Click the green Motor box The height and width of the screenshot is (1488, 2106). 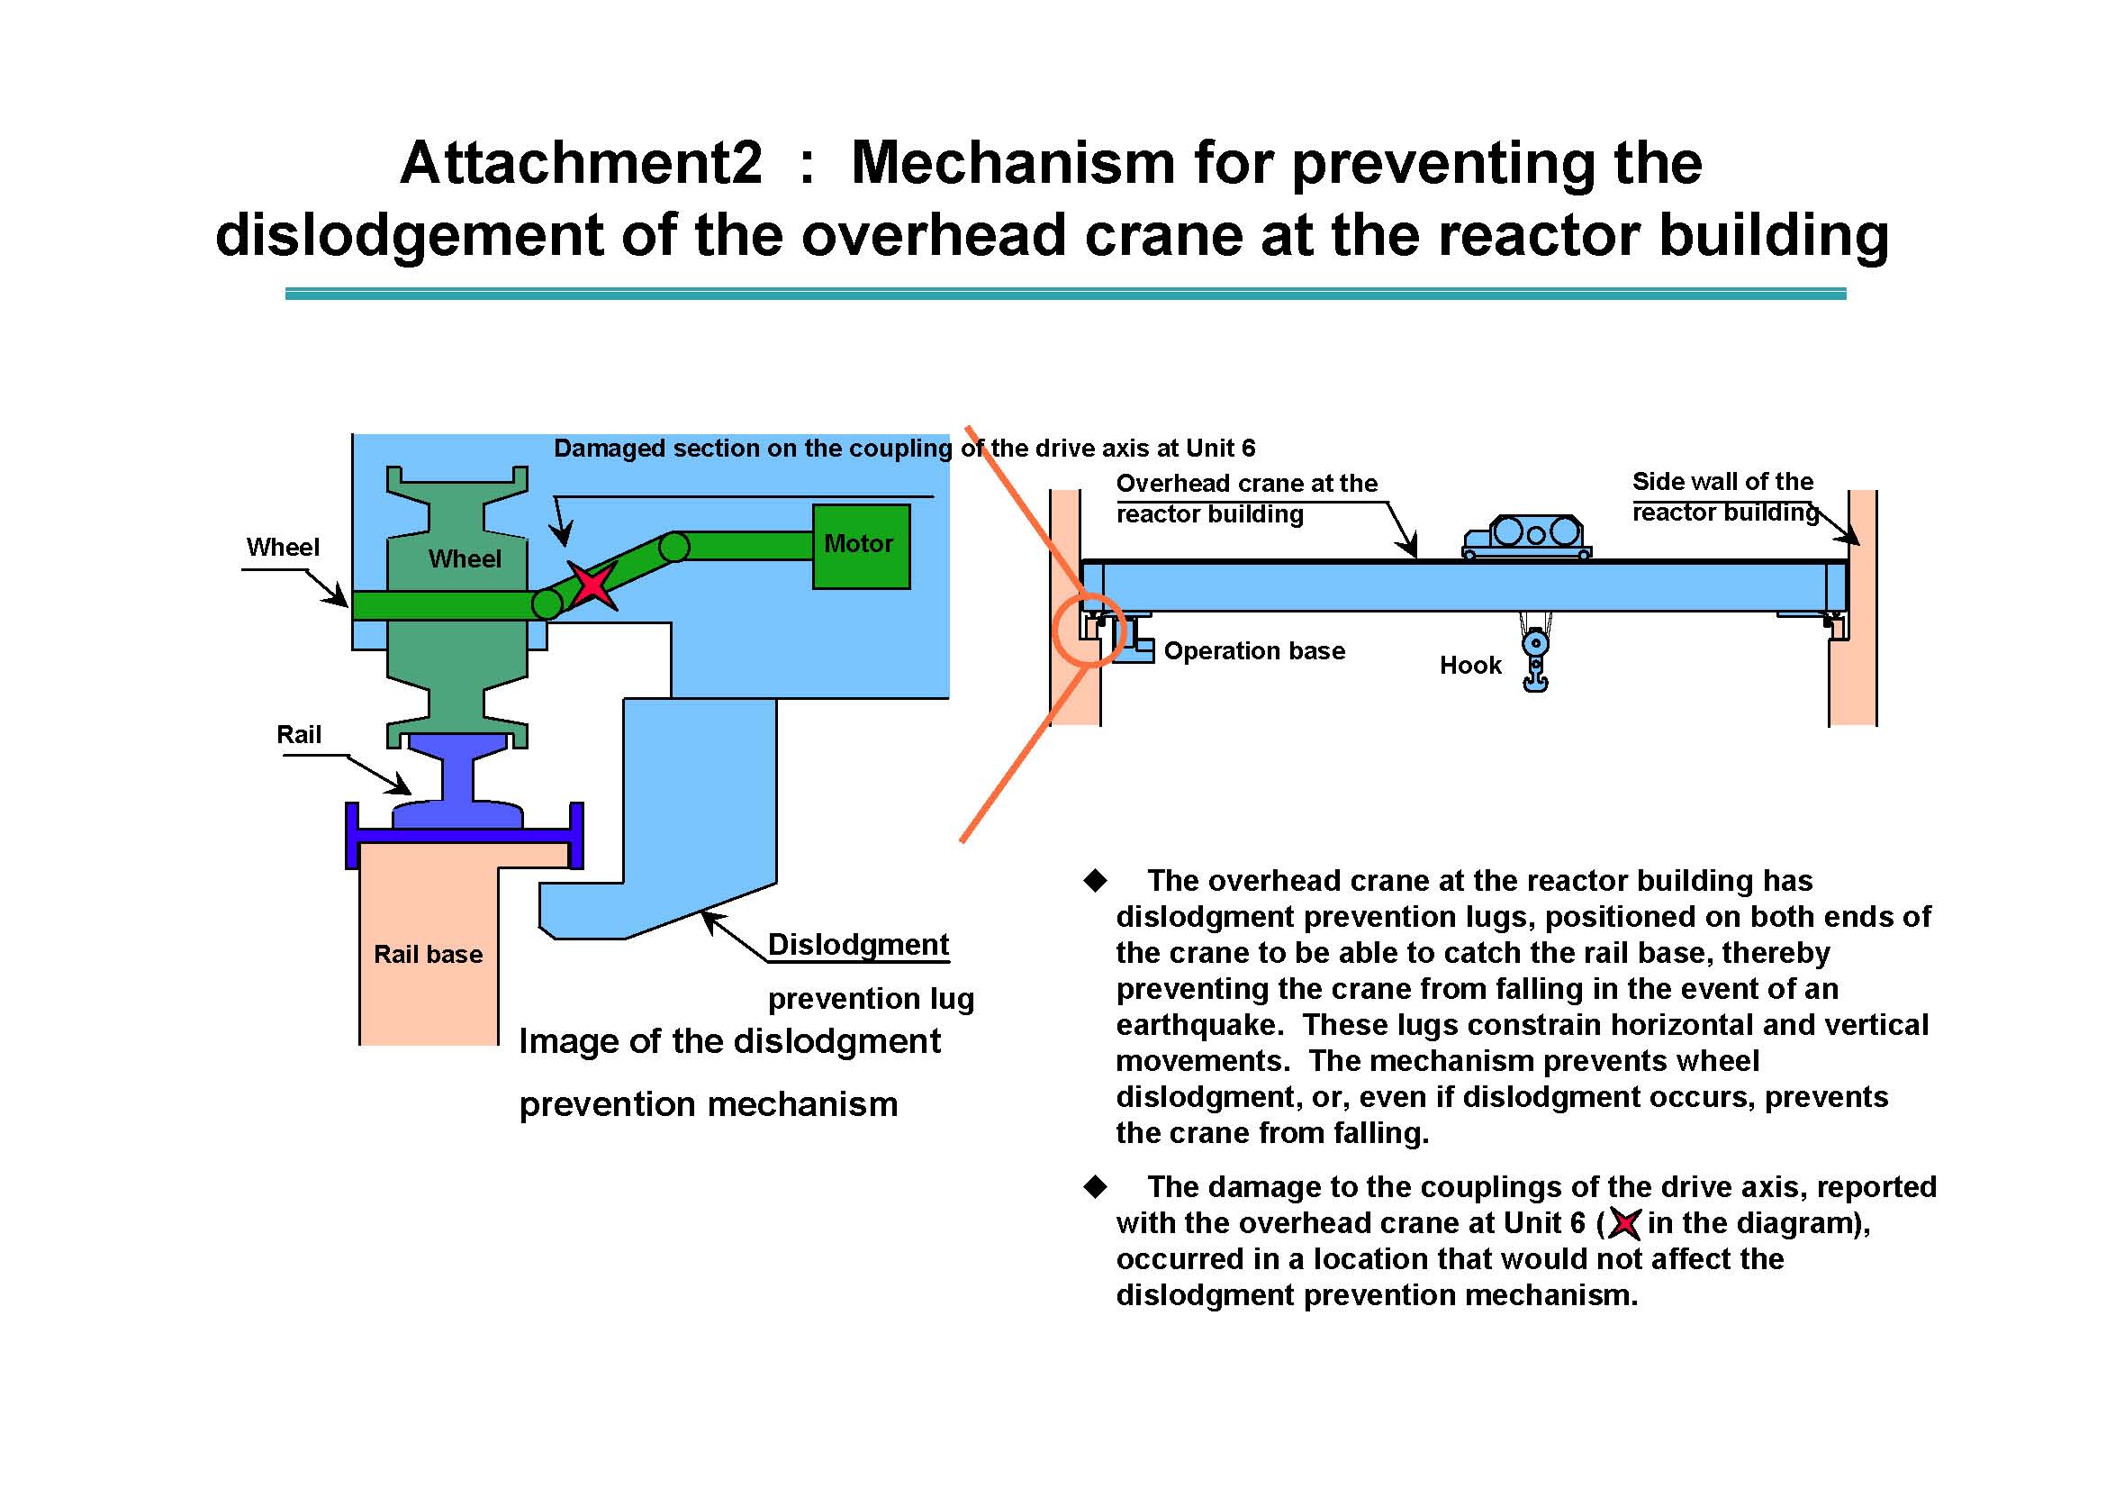[861, 546]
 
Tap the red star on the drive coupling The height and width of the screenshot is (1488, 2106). [592, 584]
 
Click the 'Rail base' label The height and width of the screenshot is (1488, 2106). [428, 954]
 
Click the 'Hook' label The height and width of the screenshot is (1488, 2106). [1469, 665]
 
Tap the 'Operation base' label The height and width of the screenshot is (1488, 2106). [1254, 651]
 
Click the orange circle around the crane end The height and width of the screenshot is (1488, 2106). [1088, 630]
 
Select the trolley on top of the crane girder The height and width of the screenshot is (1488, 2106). [1526, 537]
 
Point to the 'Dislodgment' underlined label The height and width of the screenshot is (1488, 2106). [858, 944]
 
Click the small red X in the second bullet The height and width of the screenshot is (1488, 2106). [1623, 1223]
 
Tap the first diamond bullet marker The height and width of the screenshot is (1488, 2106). [1095, 881]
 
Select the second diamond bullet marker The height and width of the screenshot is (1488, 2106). [1095, 1187]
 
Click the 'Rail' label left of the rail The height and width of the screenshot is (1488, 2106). [299, 735]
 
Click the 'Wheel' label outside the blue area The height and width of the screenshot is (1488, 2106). [283, 548]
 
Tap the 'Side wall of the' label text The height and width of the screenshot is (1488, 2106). [1722, 482]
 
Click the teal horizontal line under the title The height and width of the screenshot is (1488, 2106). [1065, 294]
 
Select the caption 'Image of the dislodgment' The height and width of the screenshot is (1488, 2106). [729, 1041]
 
